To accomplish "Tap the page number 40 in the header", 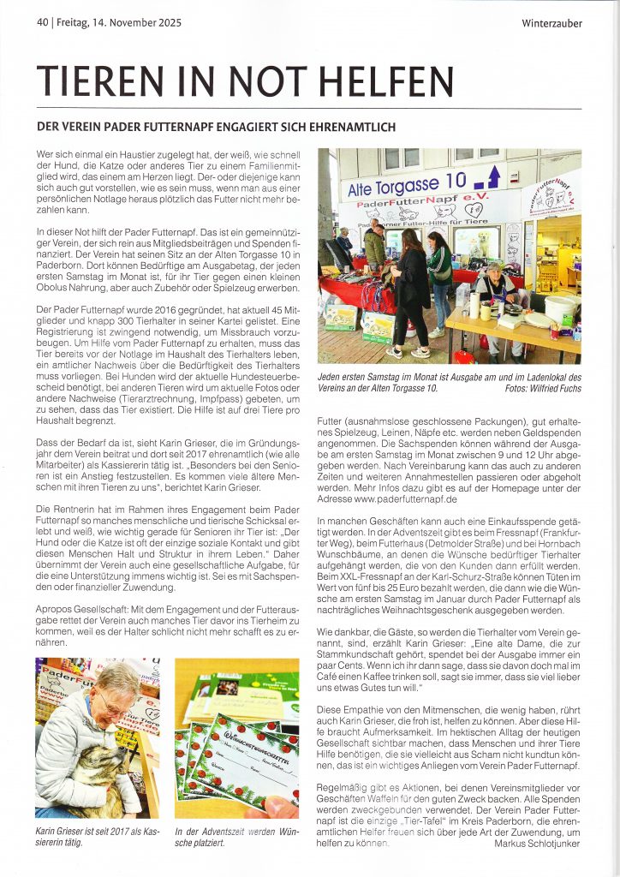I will [x=42, y=23].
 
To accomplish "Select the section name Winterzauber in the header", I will [x=551, y=23].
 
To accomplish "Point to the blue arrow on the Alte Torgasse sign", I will [x=492, y=177].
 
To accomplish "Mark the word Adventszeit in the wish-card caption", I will [x=221, y=832].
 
